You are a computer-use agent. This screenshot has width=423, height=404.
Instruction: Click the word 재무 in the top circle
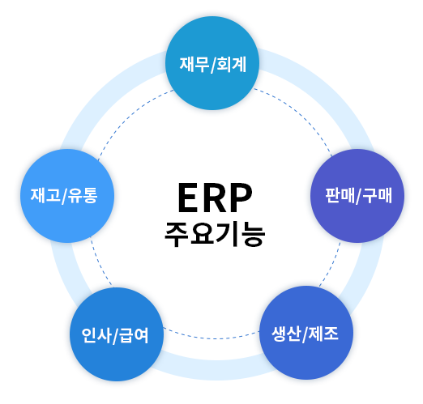(194, 64)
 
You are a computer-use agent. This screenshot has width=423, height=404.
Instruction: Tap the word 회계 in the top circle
(232, 64)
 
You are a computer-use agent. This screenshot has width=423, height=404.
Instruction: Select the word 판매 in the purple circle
(340, 195)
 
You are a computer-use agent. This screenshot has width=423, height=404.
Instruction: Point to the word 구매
(377, 195)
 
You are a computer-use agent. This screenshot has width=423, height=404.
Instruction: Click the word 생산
(286, 334)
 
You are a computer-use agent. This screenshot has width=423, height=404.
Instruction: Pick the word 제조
(323, 334)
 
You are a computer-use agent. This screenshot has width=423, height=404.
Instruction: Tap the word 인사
(96, 335)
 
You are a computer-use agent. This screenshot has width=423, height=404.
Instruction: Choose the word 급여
(134, 335)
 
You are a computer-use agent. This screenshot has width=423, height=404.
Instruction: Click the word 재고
(45, 195)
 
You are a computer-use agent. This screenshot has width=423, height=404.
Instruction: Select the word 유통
(83, 195)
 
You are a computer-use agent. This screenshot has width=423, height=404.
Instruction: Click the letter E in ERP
(188, 198)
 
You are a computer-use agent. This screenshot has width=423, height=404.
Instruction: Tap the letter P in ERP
(241, 198)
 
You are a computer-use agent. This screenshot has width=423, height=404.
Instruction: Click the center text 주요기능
(215, 235)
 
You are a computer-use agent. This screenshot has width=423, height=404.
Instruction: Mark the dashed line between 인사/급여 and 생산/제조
(211, 338)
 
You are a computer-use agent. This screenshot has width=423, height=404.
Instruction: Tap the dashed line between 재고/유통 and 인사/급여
(100, 262)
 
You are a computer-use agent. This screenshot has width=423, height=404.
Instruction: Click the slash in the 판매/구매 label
(358, 196)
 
